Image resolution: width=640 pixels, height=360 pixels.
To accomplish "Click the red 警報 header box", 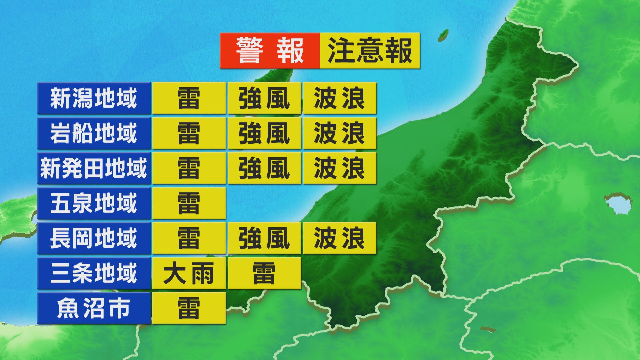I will [270, 51].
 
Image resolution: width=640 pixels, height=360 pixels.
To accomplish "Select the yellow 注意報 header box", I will [370, 51].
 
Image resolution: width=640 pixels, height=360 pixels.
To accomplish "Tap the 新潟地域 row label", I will [94, 98].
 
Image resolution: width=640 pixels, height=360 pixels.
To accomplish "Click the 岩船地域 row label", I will [94, 133].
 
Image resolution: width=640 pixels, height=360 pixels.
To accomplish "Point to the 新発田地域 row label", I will [94, 168].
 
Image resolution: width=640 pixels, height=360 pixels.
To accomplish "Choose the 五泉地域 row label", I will [94, 203].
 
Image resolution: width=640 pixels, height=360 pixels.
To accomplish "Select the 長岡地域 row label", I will [94, 238].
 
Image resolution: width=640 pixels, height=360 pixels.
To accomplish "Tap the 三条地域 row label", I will [94, 273].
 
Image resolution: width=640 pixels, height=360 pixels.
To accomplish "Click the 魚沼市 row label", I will [94, 308].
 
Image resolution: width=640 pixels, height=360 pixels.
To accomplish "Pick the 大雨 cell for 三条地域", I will [189, 273].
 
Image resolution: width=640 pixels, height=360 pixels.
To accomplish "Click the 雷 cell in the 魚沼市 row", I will [189, 308].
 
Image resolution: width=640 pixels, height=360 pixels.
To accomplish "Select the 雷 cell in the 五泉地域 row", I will [189, 203].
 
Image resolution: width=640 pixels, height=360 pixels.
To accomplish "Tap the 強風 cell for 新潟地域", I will [264, 98].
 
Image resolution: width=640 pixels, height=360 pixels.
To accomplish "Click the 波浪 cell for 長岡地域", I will [339, 238].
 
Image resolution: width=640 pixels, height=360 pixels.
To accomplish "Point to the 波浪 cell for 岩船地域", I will [339, 133].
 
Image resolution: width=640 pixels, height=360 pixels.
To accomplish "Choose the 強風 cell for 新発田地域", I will [264, 168].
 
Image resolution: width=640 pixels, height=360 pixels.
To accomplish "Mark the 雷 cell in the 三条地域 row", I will [264, 273].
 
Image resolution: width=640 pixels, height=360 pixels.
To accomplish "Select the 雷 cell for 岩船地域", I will [189, 133].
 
